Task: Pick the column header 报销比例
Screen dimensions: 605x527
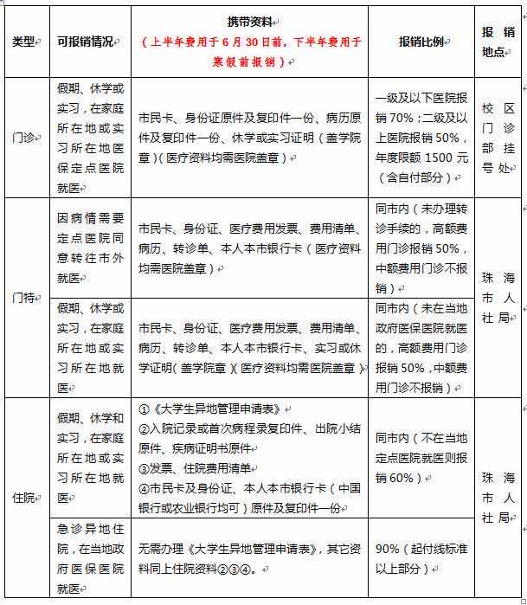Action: pos(421,42)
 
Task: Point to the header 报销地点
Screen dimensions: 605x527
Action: pos(498,42)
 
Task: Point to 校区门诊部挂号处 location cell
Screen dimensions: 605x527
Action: pos(498,138)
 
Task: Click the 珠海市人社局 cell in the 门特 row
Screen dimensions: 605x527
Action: pos(498,297)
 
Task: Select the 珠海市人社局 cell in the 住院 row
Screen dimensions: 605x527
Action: pos(498,499)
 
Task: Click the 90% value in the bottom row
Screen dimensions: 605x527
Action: pos(389,549)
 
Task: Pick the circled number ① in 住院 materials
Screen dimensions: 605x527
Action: pos(145,408)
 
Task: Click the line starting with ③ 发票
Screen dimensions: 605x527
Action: pos(196,468)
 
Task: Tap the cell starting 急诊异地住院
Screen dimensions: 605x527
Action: pos(88,558)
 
